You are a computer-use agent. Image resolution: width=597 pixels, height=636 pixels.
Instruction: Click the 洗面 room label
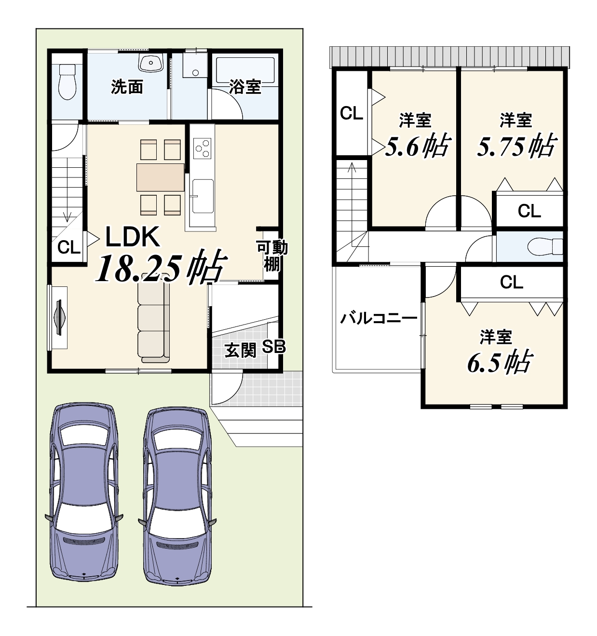pyautogui.click(x=127, y=87)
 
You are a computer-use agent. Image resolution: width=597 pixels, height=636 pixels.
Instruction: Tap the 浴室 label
pyautogui.click(x=245, y=86)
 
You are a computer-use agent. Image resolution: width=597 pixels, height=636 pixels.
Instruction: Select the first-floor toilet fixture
pyautogui.click(x=67, y=81)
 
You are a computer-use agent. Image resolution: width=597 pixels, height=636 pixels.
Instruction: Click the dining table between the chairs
pyautogui.click(x=161, y=177)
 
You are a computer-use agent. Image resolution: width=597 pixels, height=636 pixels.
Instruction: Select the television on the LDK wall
pyautogui.click(x=60, y=317)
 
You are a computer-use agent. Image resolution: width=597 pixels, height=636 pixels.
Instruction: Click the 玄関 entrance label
pyautogui.click(x=240, y=350)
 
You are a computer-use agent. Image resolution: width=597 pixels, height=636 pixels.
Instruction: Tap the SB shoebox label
pyautogui.click(x=274, y=347)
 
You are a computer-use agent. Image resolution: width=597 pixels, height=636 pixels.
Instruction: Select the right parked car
pyautogui.click(x=177, y=497)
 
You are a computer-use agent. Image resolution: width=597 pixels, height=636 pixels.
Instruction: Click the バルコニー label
pyautogui.click(x=379, y=319)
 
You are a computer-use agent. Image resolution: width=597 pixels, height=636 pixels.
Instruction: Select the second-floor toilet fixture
pyautogui.click(x=544, y=246)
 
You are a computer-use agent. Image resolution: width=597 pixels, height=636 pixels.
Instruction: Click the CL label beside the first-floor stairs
pyautogui.click(x=69, y=247)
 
